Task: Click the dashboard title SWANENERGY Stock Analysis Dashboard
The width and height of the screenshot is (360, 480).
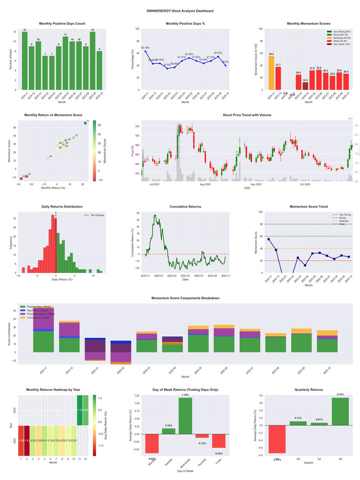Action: (x=180, y=11)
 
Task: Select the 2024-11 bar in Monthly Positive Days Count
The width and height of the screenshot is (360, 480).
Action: (x=24, y=61)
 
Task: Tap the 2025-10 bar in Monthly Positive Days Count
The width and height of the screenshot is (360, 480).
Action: (x=99, y=70)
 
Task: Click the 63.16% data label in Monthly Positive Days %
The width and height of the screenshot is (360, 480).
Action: (x=145, y=47)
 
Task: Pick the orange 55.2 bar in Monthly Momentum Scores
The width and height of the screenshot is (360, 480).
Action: (x=271, y=73)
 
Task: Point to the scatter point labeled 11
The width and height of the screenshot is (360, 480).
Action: (x=85, y=123)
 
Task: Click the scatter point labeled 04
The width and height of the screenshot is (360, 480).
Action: (x=48, y=158)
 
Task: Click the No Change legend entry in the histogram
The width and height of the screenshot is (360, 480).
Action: (x=97, y=215)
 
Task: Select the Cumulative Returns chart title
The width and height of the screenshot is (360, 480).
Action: (x=185, y=207)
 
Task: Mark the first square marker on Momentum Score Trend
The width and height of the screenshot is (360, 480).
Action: (x=269, y=239)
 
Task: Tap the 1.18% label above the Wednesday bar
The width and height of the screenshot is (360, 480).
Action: (x=185, y=395)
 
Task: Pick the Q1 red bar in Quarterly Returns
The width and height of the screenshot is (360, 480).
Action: (x=278, y=439)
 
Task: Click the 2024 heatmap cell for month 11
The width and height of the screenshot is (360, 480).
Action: (x=80, y=410)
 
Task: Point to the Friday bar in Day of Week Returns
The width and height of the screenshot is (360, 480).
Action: (x=219, y=441)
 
